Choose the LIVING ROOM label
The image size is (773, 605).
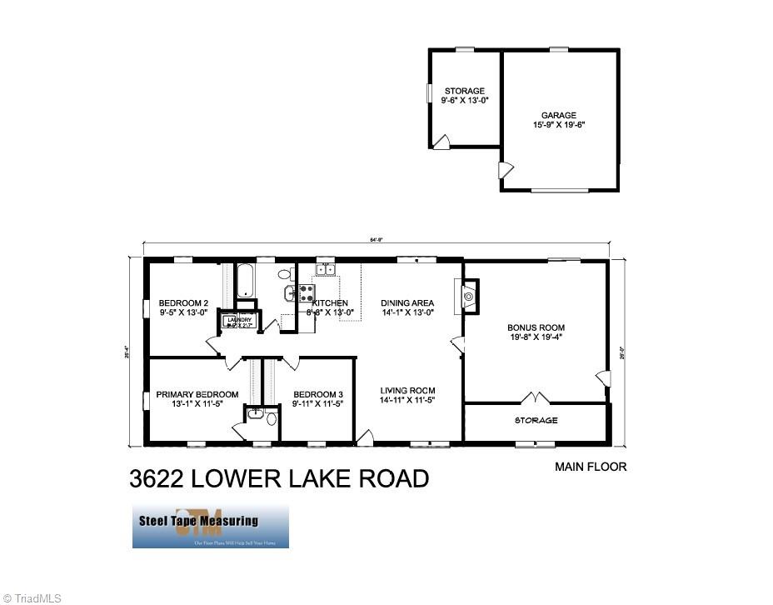click(407, 391)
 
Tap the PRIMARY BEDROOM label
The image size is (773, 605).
click(197, 394)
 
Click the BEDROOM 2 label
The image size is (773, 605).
click(183, 303)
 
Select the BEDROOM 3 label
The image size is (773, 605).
click(317, 394)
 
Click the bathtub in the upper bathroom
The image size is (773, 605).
click(246, 281)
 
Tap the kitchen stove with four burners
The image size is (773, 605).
click(305, 292)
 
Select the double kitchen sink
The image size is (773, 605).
click(325, 269)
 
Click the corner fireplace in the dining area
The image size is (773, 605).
click(470, 296)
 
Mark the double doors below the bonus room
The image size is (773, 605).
click(535, 397)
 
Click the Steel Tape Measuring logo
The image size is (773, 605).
click(210, 526)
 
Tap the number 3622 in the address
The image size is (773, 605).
click(157, 479)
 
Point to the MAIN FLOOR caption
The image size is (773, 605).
click(591, 467)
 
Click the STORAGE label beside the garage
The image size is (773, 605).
click(464, 91)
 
